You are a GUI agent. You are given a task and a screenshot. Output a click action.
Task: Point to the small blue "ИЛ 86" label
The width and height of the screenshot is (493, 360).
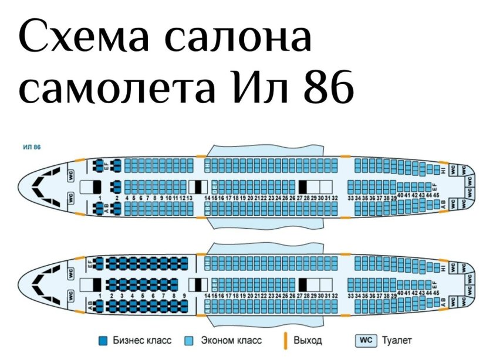(x=32, y=147)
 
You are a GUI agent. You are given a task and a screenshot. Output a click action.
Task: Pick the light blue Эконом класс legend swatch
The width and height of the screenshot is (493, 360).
(x=190, y=340)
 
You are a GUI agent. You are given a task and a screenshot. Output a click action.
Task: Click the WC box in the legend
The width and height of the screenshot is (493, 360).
(x=366, y=340)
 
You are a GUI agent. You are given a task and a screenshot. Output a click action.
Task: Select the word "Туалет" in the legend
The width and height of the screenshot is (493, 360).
(x=397, y=340)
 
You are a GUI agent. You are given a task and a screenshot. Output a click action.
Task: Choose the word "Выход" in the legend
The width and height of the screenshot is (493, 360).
(x=308, y=340)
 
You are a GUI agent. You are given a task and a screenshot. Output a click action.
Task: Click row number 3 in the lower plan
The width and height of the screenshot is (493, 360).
(x=121, y=296)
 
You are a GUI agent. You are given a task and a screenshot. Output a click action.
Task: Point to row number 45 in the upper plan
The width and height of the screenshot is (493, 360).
(x=436, y=195)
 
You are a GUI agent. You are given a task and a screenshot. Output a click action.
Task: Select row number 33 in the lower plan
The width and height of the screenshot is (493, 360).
(x=350, y=296)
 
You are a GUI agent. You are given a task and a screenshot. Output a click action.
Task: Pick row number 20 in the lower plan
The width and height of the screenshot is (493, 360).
(x=249, y=296)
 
